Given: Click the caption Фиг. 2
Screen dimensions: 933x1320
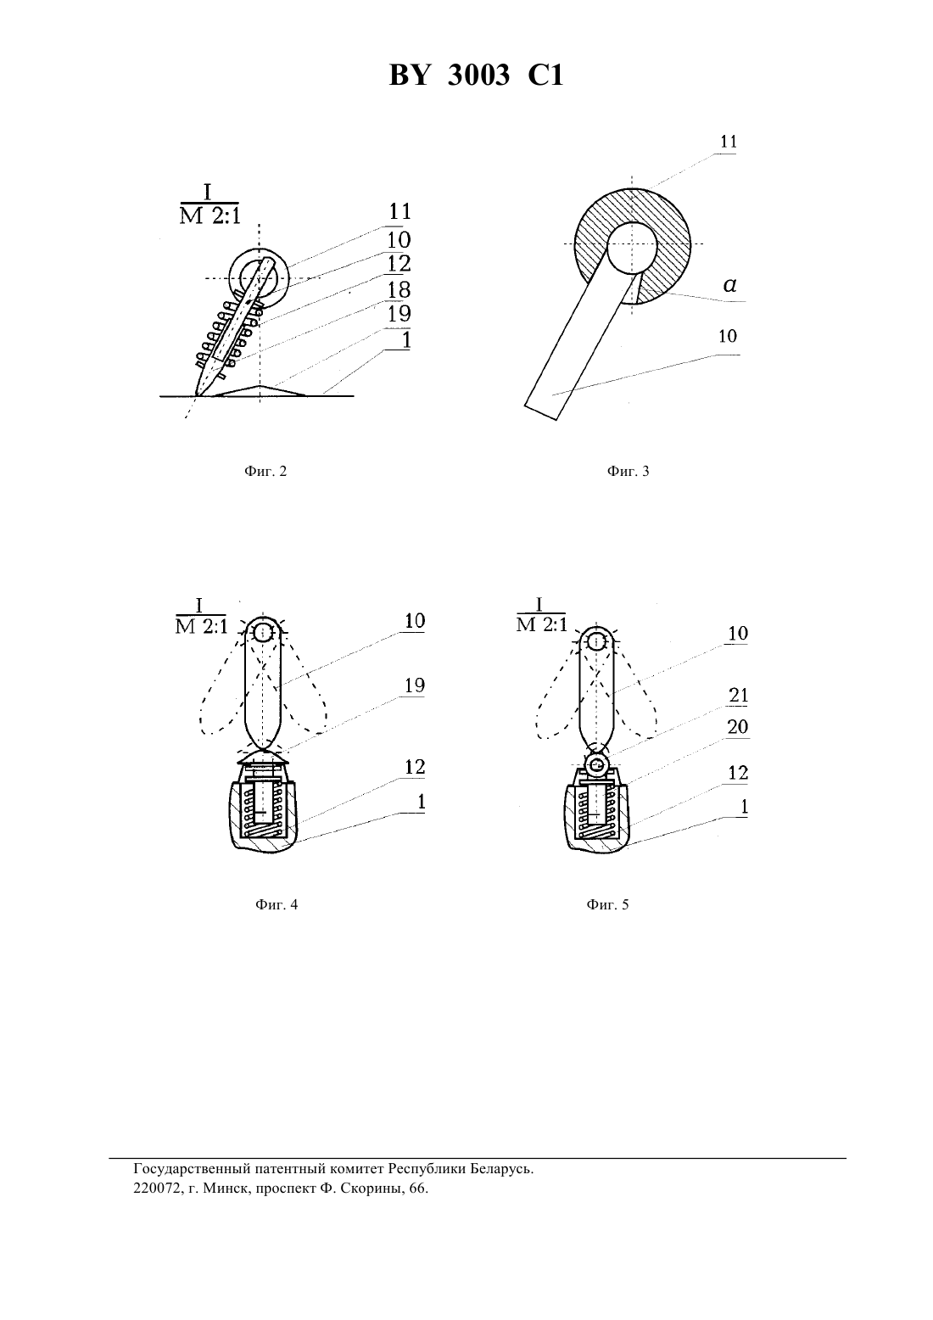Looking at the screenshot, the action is pos(265,472).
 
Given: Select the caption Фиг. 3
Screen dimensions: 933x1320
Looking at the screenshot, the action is pos(628,472).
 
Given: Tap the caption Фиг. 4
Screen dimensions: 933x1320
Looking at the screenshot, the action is pos(277,904).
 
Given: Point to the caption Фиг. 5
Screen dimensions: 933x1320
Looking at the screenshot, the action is pos(607,904).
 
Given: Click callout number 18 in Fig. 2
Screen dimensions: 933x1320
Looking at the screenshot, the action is pos(399,290).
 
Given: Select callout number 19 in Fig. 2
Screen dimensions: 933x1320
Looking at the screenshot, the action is pos(399,314).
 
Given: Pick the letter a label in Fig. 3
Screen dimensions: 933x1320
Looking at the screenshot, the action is pos(729,286).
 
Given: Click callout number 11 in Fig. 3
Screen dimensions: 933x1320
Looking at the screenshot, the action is pos(729,142).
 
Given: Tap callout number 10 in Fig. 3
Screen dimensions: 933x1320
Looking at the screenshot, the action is pos(728,336).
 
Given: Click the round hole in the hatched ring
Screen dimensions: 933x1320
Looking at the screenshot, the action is pos(632,247).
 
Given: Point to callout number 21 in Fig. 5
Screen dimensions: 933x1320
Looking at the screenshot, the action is pos(738,696).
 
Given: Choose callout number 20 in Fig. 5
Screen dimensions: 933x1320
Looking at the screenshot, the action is pos(738,727).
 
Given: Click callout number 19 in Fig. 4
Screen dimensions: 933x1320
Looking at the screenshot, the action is pos(415,685).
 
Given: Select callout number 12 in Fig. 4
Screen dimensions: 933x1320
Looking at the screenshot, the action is pos(415,767).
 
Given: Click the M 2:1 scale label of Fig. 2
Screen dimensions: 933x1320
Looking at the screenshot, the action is pos(210,216).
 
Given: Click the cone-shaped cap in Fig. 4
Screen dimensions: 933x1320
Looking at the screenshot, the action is pos(262,758).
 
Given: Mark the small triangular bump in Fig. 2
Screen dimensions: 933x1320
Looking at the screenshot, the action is pos(260,391).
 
